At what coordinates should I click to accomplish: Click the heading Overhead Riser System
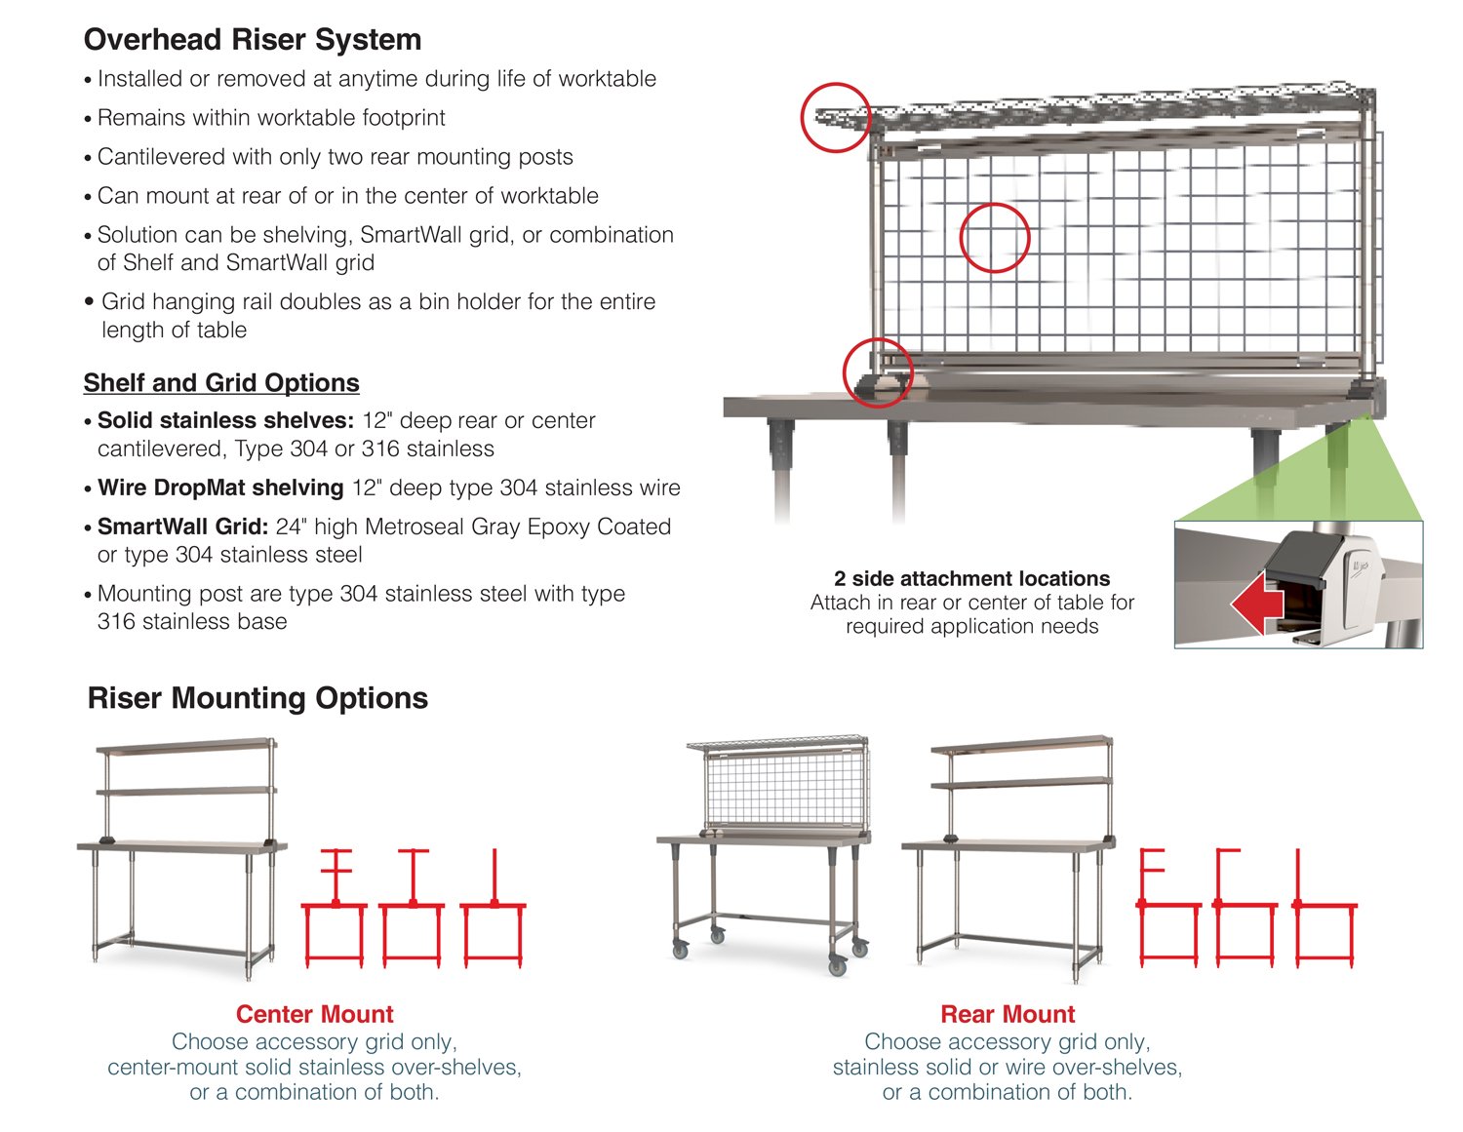253,40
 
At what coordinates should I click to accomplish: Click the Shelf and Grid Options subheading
221,383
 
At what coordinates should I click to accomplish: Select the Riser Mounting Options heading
257,698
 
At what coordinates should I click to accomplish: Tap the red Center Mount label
314,1014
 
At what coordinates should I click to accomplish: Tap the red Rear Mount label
1008,1014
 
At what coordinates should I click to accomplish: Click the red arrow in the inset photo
1257,603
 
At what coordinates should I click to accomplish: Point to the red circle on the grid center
995,238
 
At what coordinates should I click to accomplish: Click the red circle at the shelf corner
836,118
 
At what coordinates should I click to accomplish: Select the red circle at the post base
878,372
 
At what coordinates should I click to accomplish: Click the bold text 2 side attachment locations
971,578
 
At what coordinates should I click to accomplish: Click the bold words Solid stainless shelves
225,420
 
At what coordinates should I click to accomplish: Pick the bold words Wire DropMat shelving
220,488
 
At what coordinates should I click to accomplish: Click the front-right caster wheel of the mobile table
838,966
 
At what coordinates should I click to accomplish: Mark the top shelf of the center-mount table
186,746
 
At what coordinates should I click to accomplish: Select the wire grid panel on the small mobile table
785,788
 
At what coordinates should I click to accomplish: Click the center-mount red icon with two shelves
335,908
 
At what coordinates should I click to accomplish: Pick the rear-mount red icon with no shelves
1324,908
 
